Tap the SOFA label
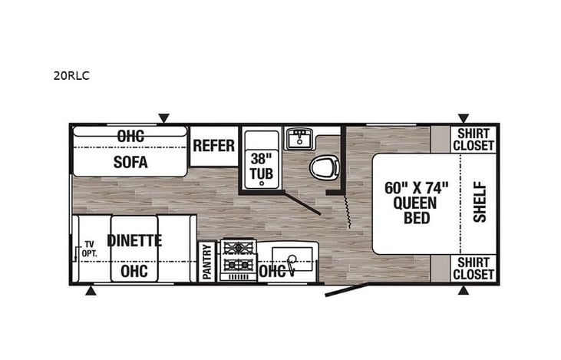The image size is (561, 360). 130,163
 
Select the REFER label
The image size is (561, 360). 213,145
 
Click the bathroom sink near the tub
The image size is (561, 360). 298,139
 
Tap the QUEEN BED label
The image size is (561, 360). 415,203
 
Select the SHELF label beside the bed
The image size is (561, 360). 480,201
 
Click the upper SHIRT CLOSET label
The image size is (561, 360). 474,139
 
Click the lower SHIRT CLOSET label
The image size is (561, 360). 474,269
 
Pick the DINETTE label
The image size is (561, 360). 135,240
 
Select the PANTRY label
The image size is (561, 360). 207,262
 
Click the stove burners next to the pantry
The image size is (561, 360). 238,259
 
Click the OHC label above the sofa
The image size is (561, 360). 131,135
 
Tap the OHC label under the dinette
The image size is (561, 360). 134,270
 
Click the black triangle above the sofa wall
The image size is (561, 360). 163,118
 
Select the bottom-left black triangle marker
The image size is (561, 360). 91,291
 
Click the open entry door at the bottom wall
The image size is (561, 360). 346,289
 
